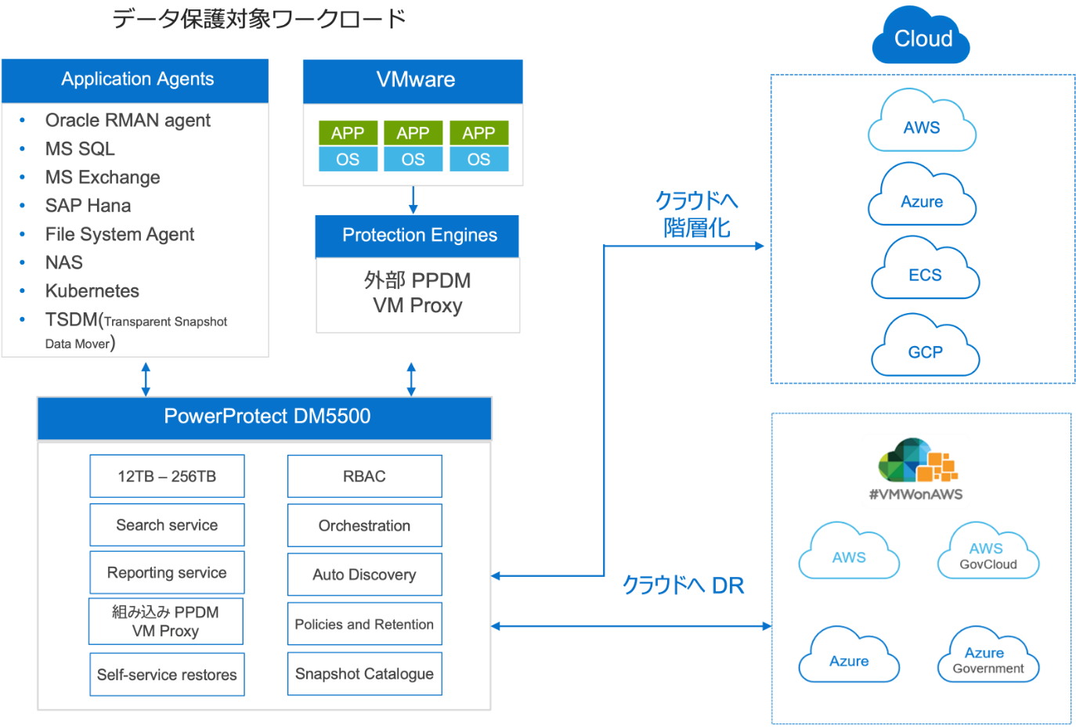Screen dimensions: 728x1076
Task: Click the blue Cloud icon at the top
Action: (921, 37)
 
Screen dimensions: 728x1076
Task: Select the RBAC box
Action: (364, 476)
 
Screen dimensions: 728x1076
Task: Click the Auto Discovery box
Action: (364, 575)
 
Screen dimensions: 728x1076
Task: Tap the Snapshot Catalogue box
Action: (364, 674)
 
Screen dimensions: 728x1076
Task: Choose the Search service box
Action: (167, 524)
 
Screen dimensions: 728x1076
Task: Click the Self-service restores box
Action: (167, 675)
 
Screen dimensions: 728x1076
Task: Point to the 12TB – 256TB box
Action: (167, 476)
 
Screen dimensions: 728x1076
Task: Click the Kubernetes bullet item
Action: (92, 291)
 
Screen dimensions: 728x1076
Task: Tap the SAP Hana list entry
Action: (88, 206)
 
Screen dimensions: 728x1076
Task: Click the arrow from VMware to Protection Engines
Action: (413, 200)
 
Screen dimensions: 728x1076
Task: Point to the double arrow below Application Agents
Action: (146, 378)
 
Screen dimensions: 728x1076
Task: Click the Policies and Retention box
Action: (364, 624)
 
